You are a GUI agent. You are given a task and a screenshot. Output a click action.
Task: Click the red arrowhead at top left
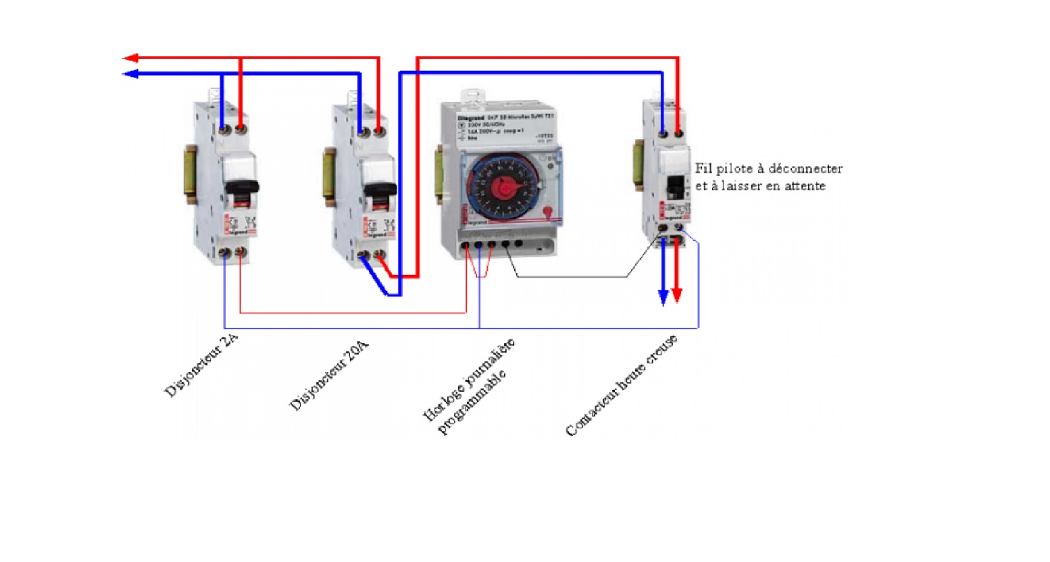click(130, 58)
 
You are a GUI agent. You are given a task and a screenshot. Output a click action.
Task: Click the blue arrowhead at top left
click(130, 74)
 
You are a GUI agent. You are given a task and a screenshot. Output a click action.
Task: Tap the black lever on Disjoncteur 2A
click(242, 188)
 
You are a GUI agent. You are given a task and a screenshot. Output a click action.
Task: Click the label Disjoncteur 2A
click(201, 365)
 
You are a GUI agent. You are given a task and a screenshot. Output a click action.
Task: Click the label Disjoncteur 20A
click(329, 376)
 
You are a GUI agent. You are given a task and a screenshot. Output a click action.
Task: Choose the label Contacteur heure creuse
click(621, 386)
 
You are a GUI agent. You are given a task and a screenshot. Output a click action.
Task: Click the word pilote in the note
click(733, 169)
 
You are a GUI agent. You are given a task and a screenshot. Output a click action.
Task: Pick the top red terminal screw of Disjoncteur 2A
click(241, 128)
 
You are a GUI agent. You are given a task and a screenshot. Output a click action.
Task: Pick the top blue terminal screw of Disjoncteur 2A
click(223, 128)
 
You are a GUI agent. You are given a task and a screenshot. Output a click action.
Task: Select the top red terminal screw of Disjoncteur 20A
click(380, 130)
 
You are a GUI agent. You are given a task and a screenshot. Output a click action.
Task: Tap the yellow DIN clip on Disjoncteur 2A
click(189, 173)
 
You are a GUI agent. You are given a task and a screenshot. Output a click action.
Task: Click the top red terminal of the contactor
click(678, 133)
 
